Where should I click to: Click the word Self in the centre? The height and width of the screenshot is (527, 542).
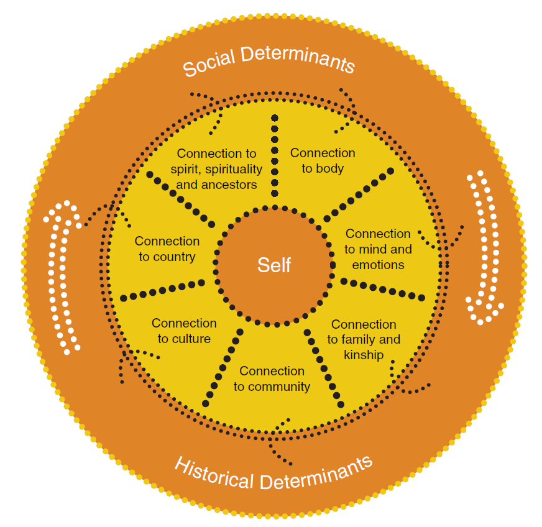[274, 265]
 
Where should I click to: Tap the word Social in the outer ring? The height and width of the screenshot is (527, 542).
[209, 63]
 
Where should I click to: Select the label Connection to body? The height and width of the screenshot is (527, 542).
[323, 160]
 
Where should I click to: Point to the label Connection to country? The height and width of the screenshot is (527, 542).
[167, 249]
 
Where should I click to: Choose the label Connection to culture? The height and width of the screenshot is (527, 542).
[184, 331]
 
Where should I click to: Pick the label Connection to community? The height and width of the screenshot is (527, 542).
[272, 378]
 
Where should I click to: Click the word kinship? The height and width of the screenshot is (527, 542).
[364, 355]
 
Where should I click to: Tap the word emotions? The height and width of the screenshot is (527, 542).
[379, 265]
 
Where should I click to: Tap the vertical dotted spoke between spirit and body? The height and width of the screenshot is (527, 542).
[274, 155]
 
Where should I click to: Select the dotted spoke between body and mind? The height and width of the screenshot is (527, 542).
[358, 193]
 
